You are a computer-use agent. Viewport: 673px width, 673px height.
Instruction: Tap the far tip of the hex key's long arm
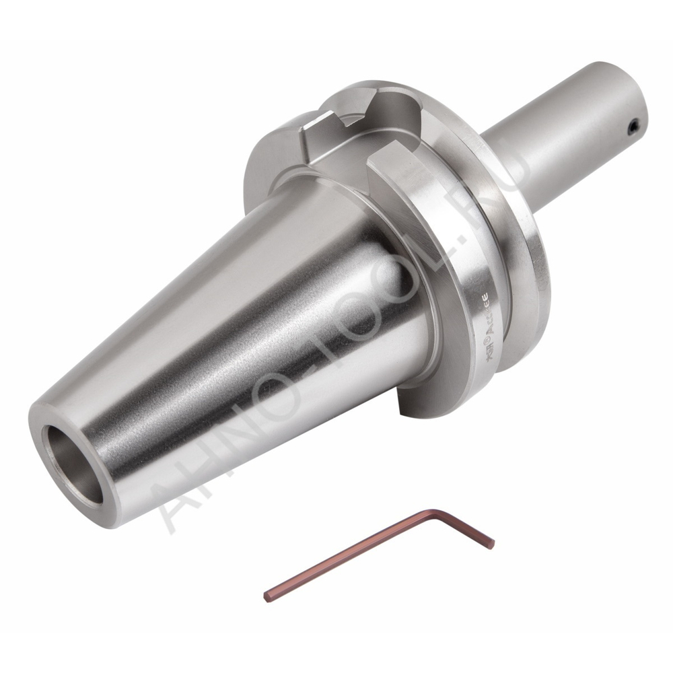pos(268,596)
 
